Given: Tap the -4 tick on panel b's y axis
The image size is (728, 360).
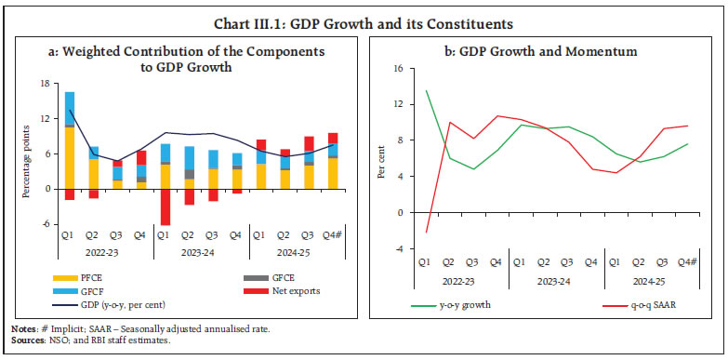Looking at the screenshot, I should click(x=399, y=248).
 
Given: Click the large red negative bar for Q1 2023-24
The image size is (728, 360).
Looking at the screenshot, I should click(x=165, y=207).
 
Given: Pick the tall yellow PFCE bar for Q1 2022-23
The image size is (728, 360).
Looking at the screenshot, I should click(x=70, y=157).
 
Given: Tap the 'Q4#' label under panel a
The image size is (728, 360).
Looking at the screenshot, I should click(x=332, y=236).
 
